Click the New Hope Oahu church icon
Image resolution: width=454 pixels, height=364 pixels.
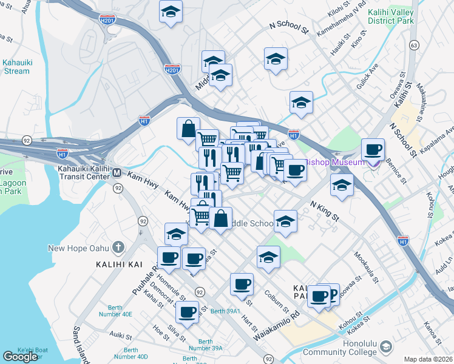coord(118,248)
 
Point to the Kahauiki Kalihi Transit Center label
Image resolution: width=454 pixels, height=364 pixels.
coord(85,173)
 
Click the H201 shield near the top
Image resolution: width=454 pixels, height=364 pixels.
coord(107,19)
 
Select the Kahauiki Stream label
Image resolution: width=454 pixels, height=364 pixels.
coord(15,66)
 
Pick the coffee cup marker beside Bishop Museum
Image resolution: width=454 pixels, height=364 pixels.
coord(372,149)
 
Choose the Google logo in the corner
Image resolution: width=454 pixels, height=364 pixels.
coord(20,357)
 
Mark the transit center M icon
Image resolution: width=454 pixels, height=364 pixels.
coord(117,174)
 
